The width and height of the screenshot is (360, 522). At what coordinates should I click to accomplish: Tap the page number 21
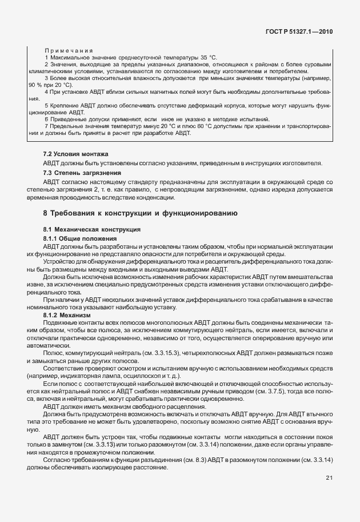(x=329, y=478)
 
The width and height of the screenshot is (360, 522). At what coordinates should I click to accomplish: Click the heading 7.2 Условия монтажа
(x=71, y=154)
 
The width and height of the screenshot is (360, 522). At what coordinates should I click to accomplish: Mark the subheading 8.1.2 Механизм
(x=67, y=314)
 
